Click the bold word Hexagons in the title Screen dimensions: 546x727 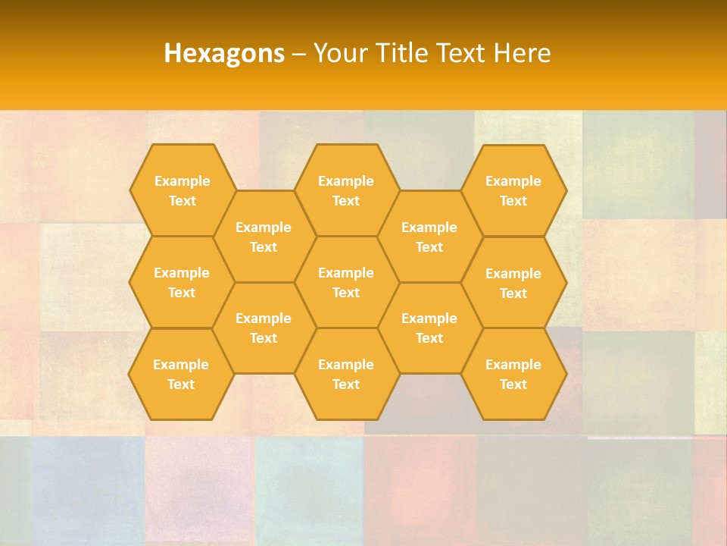click(x=224, y=53)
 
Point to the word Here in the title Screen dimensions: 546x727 click(x=523, y=53)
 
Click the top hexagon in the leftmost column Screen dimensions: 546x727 click(x=182, y=190)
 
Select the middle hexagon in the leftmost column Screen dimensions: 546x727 click(x=182, y=282)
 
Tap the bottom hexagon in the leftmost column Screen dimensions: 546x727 click(x=181, y=374)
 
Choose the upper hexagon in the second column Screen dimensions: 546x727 click(x=264, y=237)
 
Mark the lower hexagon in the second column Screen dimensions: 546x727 click(x=264, y=328)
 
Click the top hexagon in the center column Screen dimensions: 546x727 click(x=346, y=190)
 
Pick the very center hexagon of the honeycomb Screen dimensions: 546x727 click(x=346, y=282)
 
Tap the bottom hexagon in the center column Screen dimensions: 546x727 click(x=346, y=374)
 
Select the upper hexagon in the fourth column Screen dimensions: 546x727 click(x=429, y=237)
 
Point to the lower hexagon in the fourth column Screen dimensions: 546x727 click(x=429, y=328)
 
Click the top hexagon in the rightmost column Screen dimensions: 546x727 click(x=513, y=190)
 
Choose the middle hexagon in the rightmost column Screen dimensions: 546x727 click(x=513, y=283)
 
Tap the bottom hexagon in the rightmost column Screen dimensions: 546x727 click(x=513, y=374)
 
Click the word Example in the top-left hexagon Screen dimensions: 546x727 click(x=182, y=181)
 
